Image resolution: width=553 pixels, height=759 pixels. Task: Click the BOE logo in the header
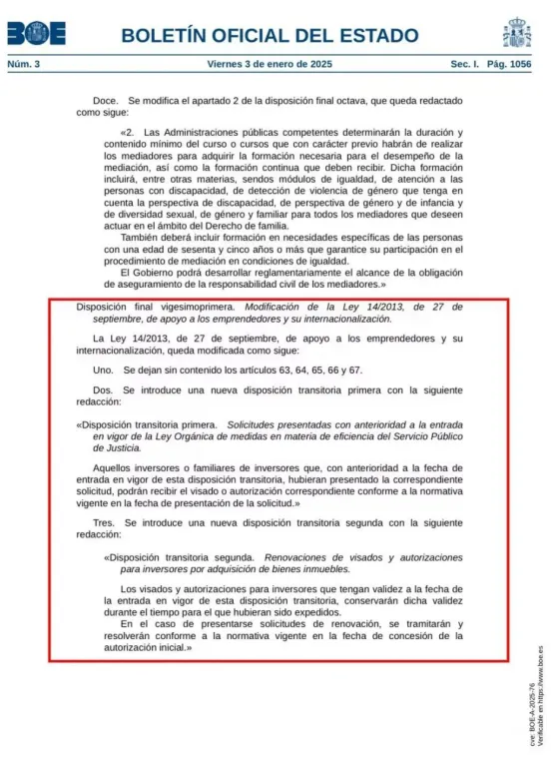click(x=37, y=34)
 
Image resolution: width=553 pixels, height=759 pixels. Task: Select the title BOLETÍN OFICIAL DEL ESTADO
click(x=270, y=36)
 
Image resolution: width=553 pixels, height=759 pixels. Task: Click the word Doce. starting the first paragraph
click(x=106, y=102)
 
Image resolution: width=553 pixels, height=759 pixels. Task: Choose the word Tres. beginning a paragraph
click(x=105, y=522)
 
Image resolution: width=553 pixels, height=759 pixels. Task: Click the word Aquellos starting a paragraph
click(x=114, y=468)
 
